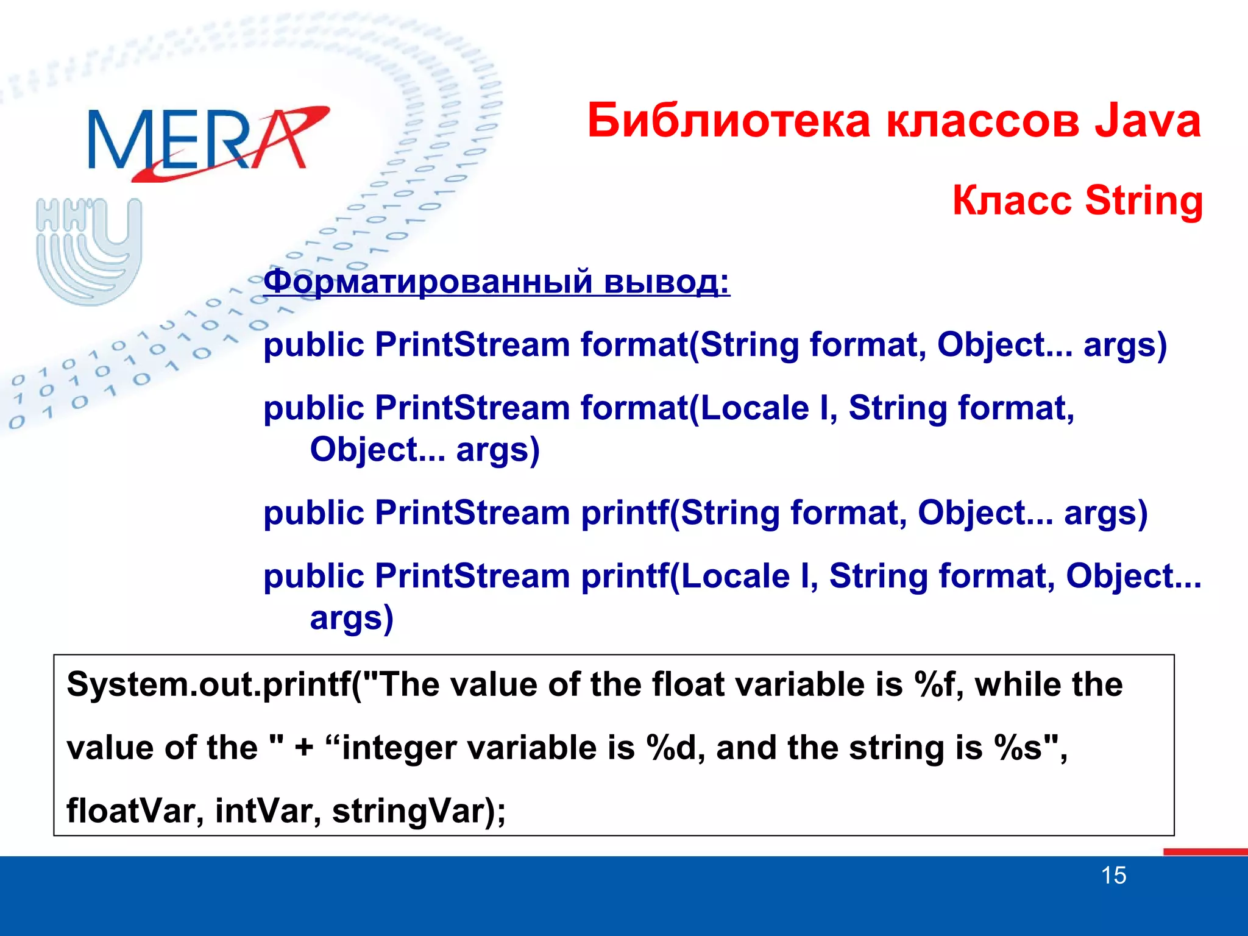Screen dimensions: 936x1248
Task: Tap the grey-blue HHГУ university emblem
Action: [90, 250]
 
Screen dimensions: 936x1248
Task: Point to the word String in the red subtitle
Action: [1144, 201]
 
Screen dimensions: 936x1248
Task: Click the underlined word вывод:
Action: [667, 282]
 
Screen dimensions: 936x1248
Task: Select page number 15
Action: [1113, 876]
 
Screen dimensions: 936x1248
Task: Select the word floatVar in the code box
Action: [129, 812]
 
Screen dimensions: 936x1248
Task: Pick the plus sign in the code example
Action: [304, 749]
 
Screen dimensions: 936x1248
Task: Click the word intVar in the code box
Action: [263, 812]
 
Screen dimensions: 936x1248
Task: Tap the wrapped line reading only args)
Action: [352, 619]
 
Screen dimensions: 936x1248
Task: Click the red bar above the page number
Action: [1205, 852]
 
